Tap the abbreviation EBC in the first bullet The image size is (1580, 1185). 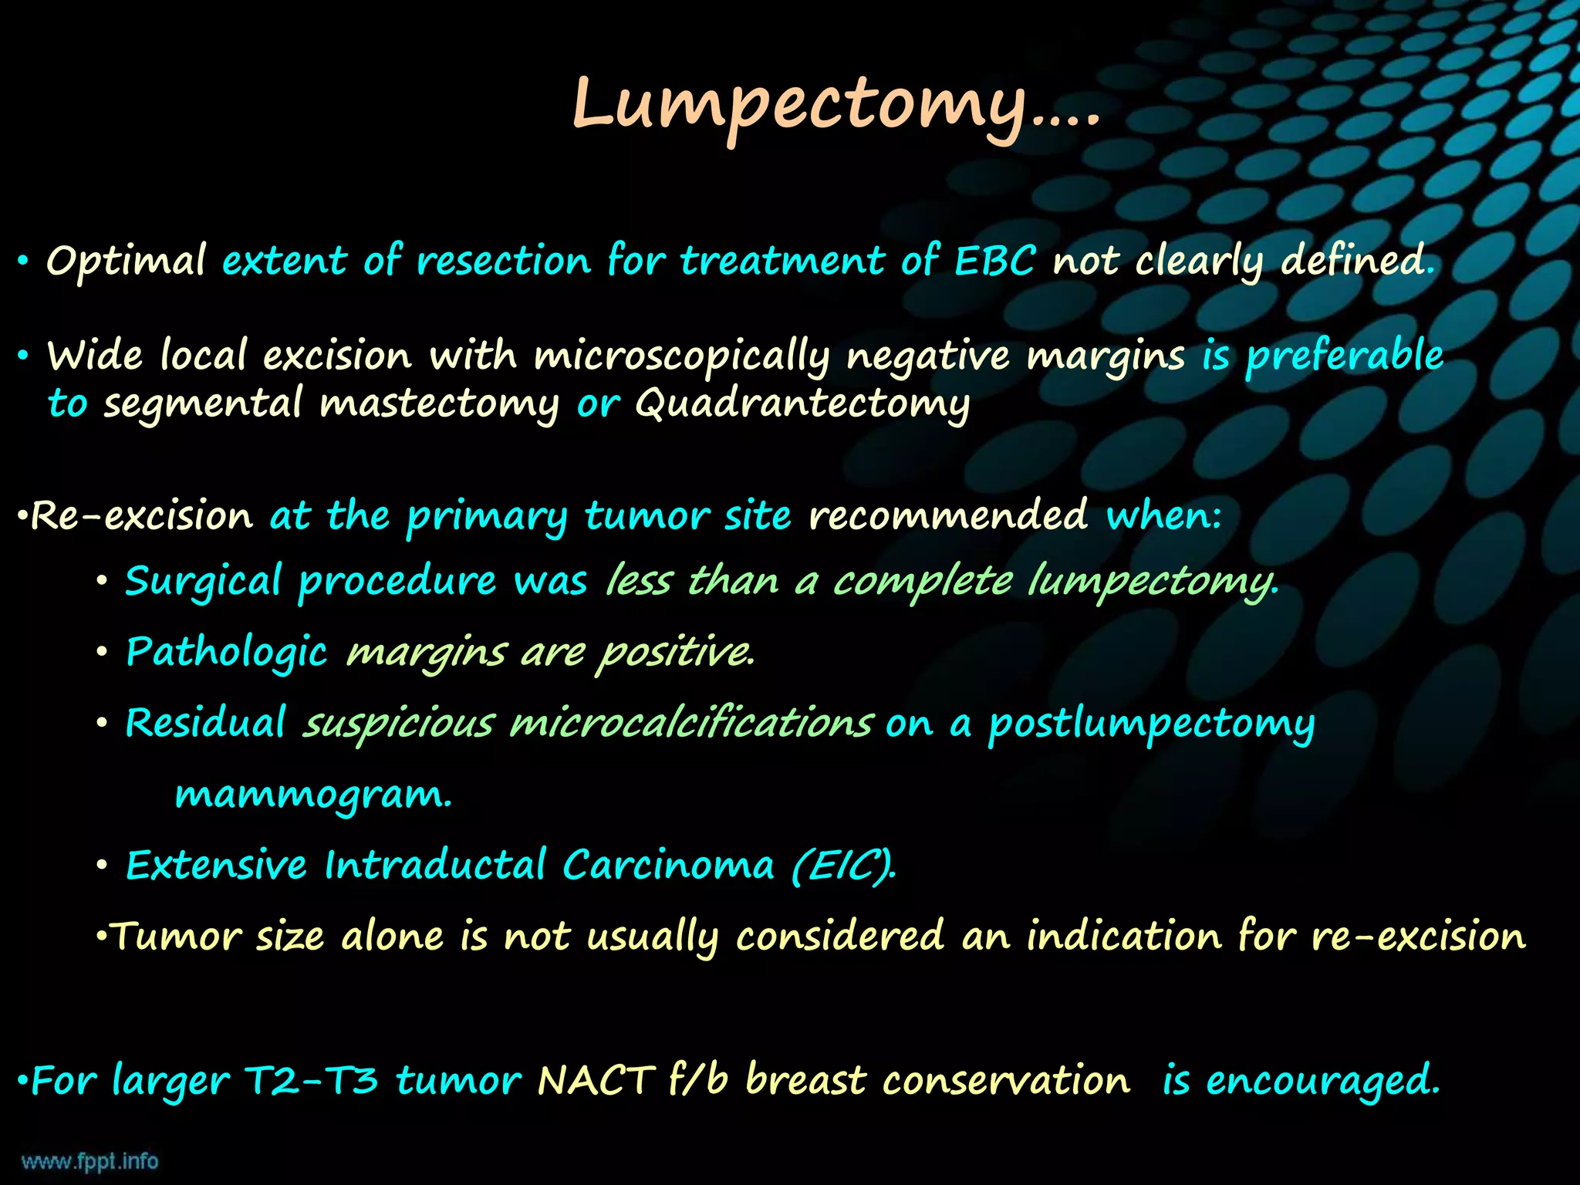point(994,261)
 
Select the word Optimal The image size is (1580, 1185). point(127,261)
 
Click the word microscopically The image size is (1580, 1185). point(682,356)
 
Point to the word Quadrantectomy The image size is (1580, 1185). point(802,403)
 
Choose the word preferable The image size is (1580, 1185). point(1345,356)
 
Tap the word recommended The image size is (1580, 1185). point(948,515)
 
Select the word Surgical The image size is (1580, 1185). point(203,581)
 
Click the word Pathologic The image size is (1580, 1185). point(226,653)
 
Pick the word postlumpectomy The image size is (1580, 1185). point(1152,724)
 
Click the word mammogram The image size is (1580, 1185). point(313,795)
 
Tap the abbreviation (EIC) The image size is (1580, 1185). point(842,865)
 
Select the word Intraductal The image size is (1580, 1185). point(435,865)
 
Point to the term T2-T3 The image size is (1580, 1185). point(312,1080)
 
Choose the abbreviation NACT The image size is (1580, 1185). point(596,1080)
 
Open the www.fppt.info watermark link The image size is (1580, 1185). point(90,1161)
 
